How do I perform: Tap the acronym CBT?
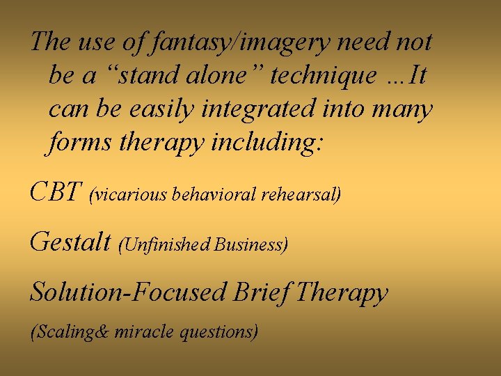56,191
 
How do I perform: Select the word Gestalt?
70,242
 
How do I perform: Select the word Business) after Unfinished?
251,244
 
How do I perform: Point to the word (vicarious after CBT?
128,194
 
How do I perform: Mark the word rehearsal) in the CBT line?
301,194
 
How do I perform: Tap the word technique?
323,76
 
